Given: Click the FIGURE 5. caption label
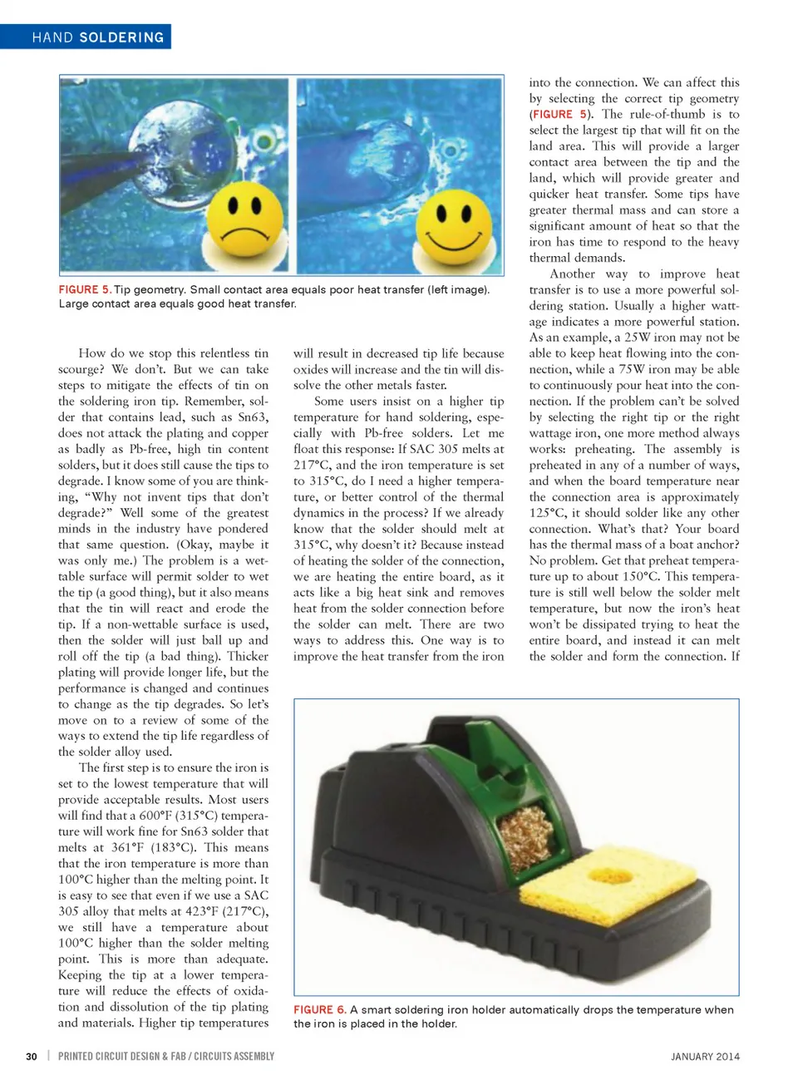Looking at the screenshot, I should [x=84, y=289].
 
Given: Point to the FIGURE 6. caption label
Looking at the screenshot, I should [x=319, y=1009].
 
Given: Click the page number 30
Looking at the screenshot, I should [x=32, y=1056].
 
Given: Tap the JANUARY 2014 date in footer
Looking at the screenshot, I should [x=705, y=1056].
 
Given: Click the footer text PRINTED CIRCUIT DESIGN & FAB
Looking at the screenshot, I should [x=121, y=1056].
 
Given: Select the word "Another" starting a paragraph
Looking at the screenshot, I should [x=572, y=274].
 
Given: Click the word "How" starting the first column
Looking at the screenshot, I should [x=91, y=353].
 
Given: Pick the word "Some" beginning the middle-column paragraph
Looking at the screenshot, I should [x=328, y=401].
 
